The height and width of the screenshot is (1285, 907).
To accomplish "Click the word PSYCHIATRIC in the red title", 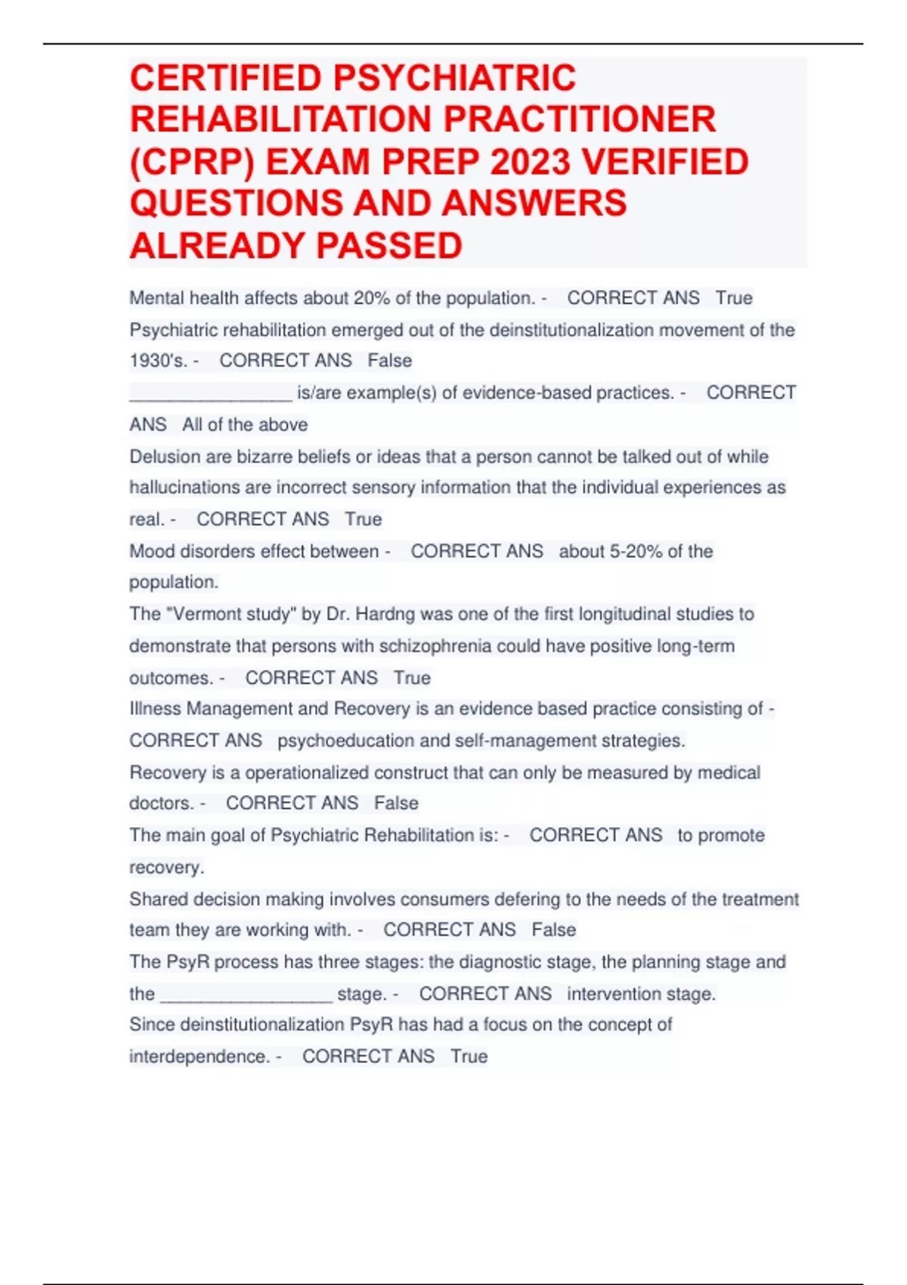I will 455,78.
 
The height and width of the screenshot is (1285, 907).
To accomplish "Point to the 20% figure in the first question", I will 371,299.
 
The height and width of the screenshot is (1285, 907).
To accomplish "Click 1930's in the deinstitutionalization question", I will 157,361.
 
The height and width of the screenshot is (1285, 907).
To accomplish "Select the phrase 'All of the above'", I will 245,425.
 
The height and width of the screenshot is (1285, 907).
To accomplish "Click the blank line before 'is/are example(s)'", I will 211,394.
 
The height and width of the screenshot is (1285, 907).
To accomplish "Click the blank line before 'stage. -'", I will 246,994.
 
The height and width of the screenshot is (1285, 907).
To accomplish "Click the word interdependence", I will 199,1057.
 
